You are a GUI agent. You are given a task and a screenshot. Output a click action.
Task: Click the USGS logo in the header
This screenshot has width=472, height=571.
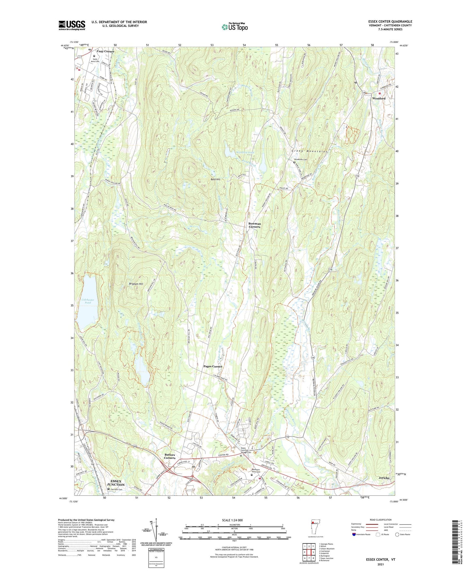coord(72,25)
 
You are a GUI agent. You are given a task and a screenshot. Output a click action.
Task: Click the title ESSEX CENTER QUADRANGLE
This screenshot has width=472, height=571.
coord(390,22)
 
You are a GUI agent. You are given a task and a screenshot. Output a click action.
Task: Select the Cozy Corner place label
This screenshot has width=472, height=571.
coord(105,51)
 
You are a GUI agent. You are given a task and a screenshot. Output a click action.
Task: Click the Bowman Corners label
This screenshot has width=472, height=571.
coord(254,225)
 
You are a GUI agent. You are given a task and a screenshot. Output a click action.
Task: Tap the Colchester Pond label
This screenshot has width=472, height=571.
coord(88,301)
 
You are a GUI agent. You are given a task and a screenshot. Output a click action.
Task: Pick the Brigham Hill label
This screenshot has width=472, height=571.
coord(136,284)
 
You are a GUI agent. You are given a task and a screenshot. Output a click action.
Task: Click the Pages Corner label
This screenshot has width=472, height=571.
coord(213,366)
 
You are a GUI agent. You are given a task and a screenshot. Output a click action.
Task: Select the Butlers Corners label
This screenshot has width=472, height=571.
coord(170,456)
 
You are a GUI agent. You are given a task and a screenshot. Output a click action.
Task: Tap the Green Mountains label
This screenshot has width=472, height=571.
coord(309,151)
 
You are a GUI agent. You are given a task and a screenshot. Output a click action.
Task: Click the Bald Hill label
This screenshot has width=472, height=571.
coord(215,180)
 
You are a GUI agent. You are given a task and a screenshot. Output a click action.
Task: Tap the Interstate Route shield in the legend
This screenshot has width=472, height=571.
coord(354,534)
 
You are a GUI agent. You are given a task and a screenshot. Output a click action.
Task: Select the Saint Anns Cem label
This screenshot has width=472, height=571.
coord(95,60)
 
